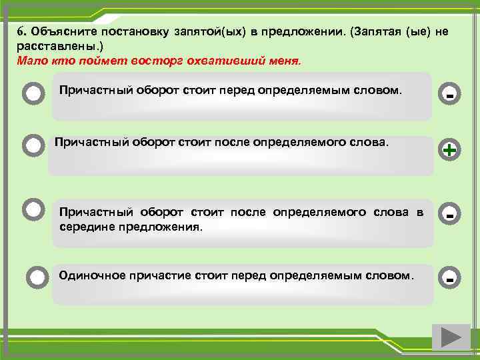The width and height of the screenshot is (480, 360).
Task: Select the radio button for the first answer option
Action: coord(33,93)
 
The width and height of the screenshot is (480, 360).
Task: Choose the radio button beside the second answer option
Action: coord(33,145)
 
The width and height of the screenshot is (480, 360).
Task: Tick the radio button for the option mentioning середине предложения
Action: coord(33,209)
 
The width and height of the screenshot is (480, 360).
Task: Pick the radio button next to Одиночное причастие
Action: coord(38,276)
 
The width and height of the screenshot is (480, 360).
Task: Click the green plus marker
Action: coord(450,151)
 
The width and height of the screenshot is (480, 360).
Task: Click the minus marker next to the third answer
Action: coord(450,215)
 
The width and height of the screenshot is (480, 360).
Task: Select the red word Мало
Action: coord(30,60)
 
